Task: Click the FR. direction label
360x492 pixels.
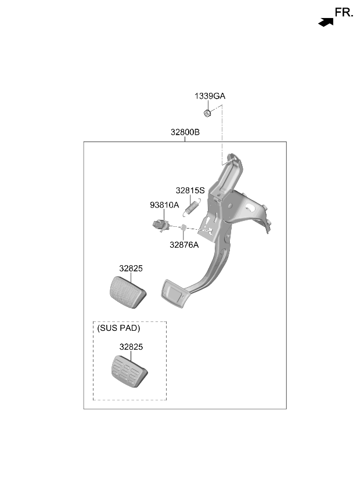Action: click(x=344, y=13)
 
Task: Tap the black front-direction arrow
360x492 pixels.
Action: click(x=326, y=22)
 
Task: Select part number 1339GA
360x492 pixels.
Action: click(x=210, y=96)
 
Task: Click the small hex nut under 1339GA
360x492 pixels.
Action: click(x=207, y=113)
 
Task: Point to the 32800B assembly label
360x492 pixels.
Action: click(x=185, y=132)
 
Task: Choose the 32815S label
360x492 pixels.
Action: click(x=190, y=190)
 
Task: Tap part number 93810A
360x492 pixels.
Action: click(x=164, y=205)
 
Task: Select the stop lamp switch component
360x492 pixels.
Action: click(x=161, y=225)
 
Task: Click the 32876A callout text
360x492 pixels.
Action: click(x=184, y=245)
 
